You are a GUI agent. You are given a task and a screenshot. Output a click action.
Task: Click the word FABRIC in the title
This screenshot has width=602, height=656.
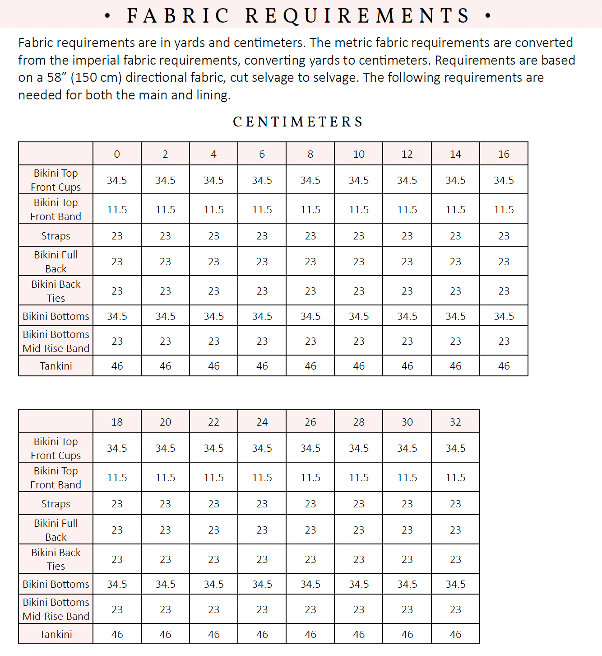tap(179, 15)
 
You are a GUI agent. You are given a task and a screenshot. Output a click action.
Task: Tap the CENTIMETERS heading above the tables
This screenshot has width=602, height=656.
tap(298, 122)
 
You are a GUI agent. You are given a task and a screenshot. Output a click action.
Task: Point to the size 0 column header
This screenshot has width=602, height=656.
tap(117, 154)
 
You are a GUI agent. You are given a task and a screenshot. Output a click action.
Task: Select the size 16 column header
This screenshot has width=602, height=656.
tap(504, 154)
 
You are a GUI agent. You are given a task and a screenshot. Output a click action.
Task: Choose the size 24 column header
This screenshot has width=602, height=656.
tap(262, 422)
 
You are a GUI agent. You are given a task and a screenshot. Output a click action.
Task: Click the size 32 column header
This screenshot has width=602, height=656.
tap(455, 422)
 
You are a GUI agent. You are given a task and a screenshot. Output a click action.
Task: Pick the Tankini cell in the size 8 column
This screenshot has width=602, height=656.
tap(310, 366)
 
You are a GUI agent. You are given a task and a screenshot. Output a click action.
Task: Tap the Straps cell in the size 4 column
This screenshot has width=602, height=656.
tap(213, 236)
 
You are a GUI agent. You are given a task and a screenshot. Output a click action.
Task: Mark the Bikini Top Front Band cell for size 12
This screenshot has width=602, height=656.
tap(407, 210)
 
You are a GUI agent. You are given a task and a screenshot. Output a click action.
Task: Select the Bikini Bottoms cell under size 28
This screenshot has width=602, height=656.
tap(359, 584)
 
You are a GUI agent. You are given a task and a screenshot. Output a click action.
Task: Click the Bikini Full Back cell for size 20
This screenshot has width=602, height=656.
tap(165, 530)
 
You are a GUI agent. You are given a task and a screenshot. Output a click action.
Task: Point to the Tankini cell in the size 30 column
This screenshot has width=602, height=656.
tap(407, 634)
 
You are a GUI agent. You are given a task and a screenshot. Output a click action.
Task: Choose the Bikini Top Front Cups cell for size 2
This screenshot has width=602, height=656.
tap(165, 180)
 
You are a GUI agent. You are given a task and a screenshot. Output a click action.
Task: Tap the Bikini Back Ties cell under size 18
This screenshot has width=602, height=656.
tap(117, 559)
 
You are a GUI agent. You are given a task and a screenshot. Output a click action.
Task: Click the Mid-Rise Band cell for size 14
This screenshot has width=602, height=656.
tap(455, 341)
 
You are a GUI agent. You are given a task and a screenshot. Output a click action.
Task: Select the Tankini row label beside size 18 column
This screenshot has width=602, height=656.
tap(56, 634)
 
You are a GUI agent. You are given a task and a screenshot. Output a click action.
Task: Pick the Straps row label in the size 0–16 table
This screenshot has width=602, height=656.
tap(56, 236)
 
